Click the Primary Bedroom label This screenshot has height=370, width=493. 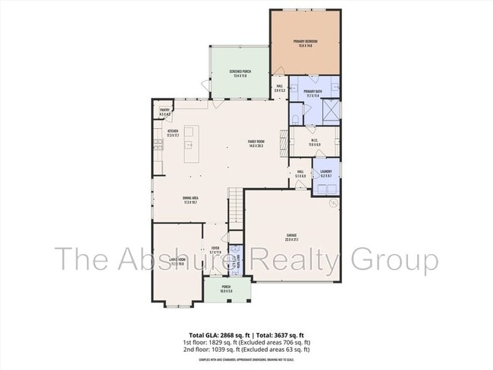[306, 44]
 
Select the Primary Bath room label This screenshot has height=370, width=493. [314, 94]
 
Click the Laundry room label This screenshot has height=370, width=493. [327, 174]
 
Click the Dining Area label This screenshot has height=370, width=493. [190, 200]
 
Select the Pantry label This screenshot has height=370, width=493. [165, 113]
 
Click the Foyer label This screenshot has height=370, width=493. [215, 249]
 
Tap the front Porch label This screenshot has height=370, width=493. [226, 289]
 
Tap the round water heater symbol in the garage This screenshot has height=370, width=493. [332, 202]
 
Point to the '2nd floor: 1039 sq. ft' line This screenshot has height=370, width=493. [246, 349]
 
